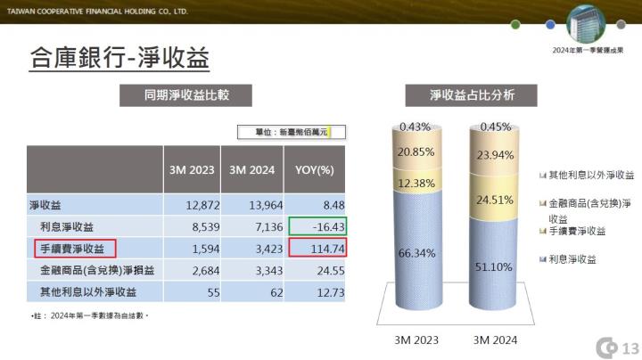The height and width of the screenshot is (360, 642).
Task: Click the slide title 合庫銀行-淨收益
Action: pos(119,59)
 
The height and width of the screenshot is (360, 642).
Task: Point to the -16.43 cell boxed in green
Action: pos(317,226)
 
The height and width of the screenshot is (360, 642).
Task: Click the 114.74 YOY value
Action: pos(317,248)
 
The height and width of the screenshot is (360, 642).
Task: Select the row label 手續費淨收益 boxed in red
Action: pos(75,248)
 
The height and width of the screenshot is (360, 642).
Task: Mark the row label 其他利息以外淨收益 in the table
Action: pos(87,291)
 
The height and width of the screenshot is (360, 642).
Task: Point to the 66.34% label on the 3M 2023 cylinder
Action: pos(417,253)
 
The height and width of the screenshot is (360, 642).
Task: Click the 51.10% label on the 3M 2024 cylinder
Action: pos(494,266)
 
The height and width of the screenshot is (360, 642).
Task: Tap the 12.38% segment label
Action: pos(417,184)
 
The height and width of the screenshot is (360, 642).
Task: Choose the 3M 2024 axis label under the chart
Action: pos(494,340)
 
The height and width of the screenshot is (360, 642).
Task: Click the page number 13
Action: pos(630,348)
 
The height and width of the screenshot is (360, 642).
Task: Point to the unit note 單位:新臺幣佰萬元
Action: pos(289,132)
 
